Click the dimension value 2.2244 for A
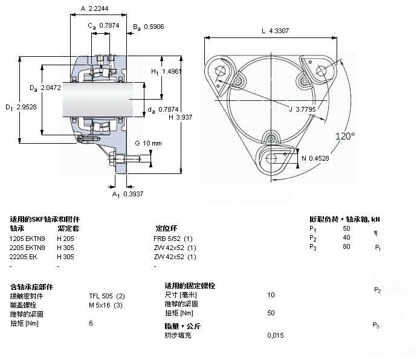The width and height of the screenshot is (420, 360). pos(99,8)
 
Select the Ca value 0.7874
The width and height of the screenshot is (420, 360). pos(109,25)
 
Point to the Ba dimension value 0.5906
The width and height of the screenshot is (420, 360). pos(154,27)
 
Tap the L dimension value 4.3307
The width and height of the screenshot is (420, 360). pos(279,31)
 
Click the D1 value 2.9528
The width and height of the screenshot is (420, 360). pos(27,107)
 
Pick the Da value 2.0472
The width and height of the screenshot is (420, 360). pos(51,88)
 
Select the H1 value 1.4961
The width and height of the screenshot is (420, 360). pos(172,71)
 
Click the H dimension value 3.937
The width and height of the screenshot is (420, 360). pos(184,117)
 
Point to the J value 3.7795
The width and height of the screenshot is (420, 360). pos(306,109)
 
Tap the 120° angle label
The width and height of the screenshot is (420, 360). pos(345,137)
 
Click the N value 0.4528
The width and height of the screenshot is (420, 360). pos(319,158)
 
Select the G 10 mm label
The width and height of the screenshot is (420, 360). pos(149,143)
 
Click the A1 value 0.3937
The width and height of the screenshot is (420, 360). pos(134,194)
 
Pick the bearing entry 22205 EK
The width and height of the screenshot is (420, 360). pos(24,257)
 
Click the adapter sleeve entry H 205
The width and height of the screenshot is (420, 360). pos(65,239)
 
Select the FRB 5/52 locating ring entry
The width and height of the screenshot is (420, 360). pos(173,239)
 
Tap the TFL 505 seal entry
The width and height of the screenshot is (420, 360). pos(107,296)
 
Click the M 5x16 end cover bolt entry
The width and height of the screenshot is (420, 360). pos(106,305)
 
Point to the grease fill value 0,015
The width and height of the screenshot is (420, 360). pos(276,335)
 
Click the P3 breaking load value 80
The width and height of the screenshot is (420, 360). pos(346,246)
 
